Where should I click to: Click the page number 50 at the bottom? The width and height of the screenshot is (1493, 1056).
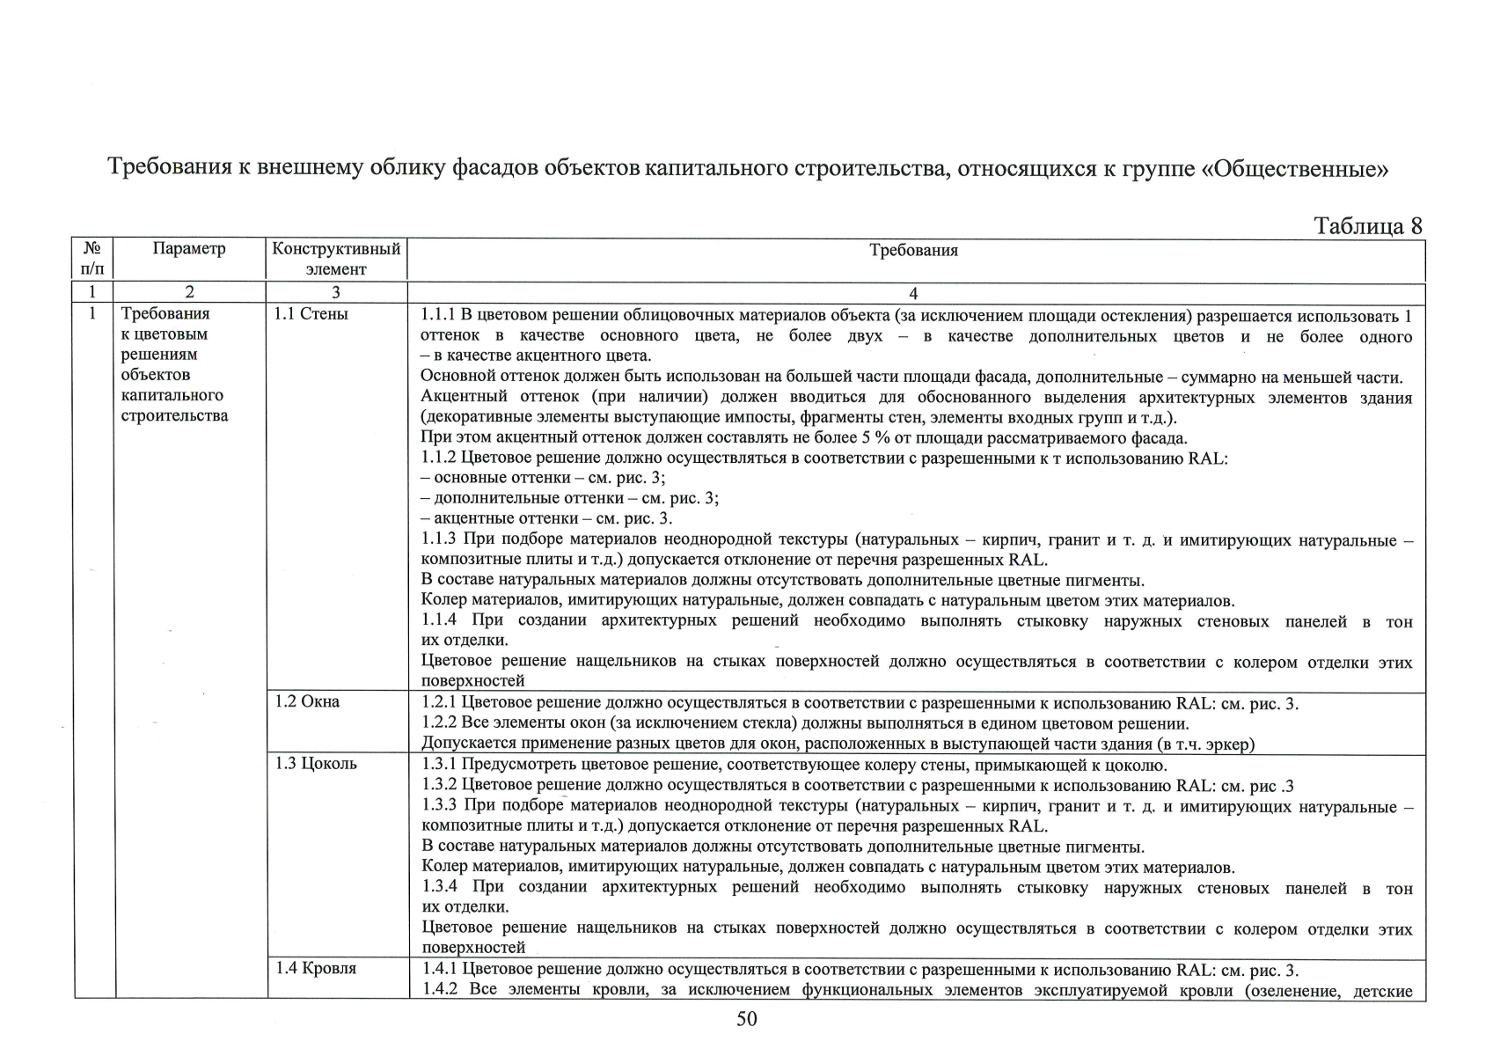coord(746,1019)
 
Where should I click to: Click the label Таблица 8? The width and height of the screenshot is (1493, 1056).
coord(1367,226)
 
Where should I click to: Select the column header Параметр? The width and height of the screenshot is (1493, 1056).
coord(189,249)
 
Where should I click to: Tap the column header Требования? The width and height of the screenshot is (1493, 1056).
coord(913,251)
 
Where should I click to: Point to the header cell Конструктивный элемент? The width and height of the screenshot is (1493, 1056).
coord(336,259)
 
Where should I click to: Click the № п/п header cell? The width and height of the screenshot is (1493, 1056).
coord(93,259)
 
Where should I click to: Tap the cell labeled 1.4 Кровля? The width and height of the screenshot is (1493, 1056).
coord(315,968)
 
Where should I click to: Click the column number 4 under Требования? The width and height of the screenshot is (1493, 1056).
coord(913,293)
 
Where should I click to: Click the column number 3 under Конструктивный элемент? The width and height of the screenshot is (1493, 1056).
coord(335,292)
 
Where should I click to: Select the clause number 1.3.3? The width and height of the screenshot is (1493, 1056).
coord(439,805)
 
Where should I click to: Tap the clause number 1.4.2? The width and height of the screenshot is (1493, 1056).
coord(439,990)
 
